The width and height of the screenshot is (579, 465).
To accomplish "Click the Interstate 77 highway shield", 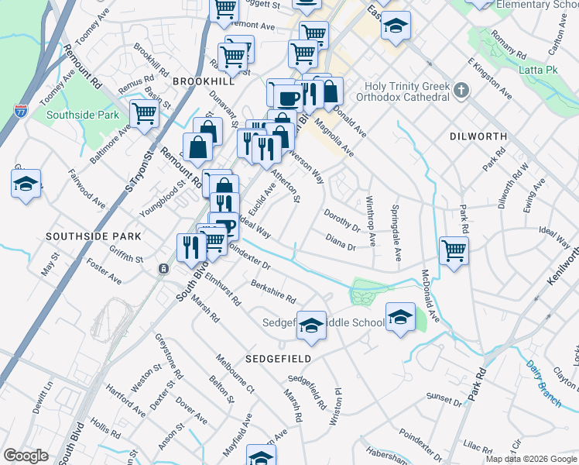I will pos(21,112).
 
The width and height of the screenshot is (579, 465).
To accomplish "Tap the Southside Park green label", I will pos(83,115).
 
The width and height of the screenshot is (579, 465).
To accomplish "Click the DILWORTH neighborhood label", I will pos(478,136).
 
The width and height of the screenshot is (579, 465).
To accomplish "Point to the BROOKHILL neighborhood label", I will pos(203,81).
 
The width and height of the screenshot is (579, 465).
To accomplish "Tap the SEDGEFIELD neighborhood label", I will pos(279,359).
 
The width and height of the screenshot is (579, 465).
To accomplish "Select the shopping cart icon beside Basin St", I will pos(145,112).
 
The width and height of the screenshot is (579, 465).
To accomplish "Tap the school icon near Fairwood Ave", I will pos(26,184).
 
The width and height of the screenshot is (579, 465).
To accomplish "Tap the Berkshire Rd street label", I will pos(273,291).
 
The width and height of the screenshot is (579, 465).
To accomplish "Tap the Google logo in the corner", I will pos(26,456).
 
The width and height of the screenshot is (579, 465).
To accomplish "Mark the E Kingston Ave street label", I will pos(489,77).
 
